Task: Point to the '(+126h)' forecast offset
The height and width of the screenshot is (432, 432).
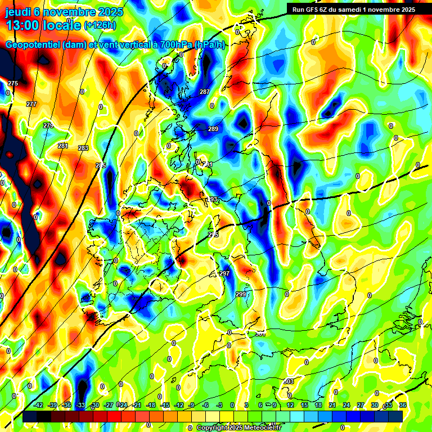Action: tap(101, 25)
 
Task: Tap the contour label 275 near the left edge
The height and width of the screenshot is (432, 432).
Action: tap(13, 83)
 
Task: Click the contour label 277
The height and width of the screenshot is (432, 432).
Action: tap(31, 104)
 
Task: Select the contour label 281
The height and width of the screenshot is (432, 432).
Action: tap(63, 146)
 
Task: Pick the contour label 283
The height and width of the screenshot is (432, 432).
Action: tap(83, 148)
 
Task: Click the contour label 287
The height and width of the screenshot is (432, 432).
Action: tap(205, 92)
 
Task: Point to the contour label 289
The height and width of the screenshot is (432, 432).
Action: tap(213, 129)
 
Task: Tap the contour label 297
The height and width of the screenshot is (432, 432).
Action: tap(224, 273)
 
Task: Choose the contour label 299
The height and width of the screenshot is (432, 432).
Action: tap(241, 295)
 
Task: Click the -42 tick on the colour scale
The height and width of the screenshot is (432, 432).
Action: tap(38, 405)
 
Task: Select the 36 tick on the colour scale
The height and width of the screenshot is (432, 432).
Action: tap(403, 405)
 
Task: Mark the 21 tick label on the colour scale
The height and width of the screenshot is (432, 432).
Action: tap(332, 405)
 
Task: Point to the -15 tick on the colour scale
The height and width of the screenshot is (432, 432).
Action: tap(165, 405)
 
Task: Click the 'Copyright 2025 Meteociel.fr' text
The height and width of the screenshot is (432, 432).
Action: tap(238, 428)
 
